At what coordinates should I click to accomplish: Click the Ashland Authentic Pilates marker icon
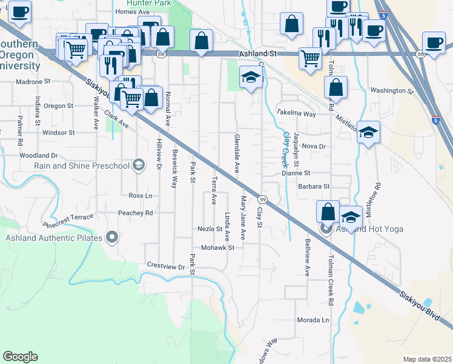111,237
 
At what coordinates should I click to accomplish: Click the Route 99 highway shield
262,200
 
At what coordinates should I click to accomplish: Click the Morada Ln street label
312,320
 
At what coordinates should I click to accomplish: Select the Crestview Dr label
165,266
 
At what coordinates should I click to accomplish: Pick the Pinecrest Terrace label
68,220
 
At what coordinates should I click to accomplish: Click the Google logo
20,357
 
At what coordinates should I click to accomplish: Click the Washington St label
391,90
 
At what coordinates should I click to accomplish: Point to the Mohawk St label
217,248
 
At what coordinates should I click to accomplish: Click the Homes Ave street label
131,12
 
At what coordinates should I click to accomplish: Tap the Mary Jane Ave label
243,217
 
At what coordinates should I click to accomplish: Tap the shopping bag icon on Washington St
335,87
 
